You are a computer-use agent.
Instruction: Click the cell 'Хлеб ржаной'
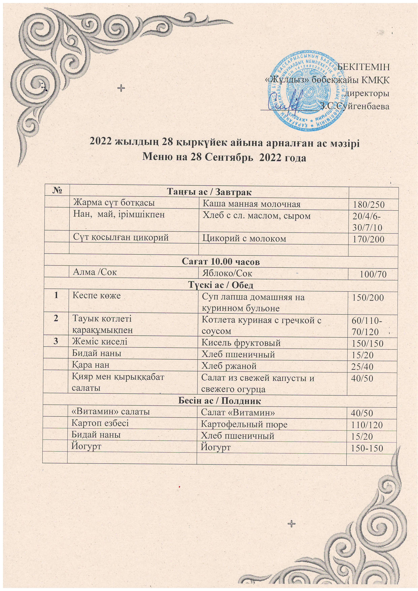pos(229,366)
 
